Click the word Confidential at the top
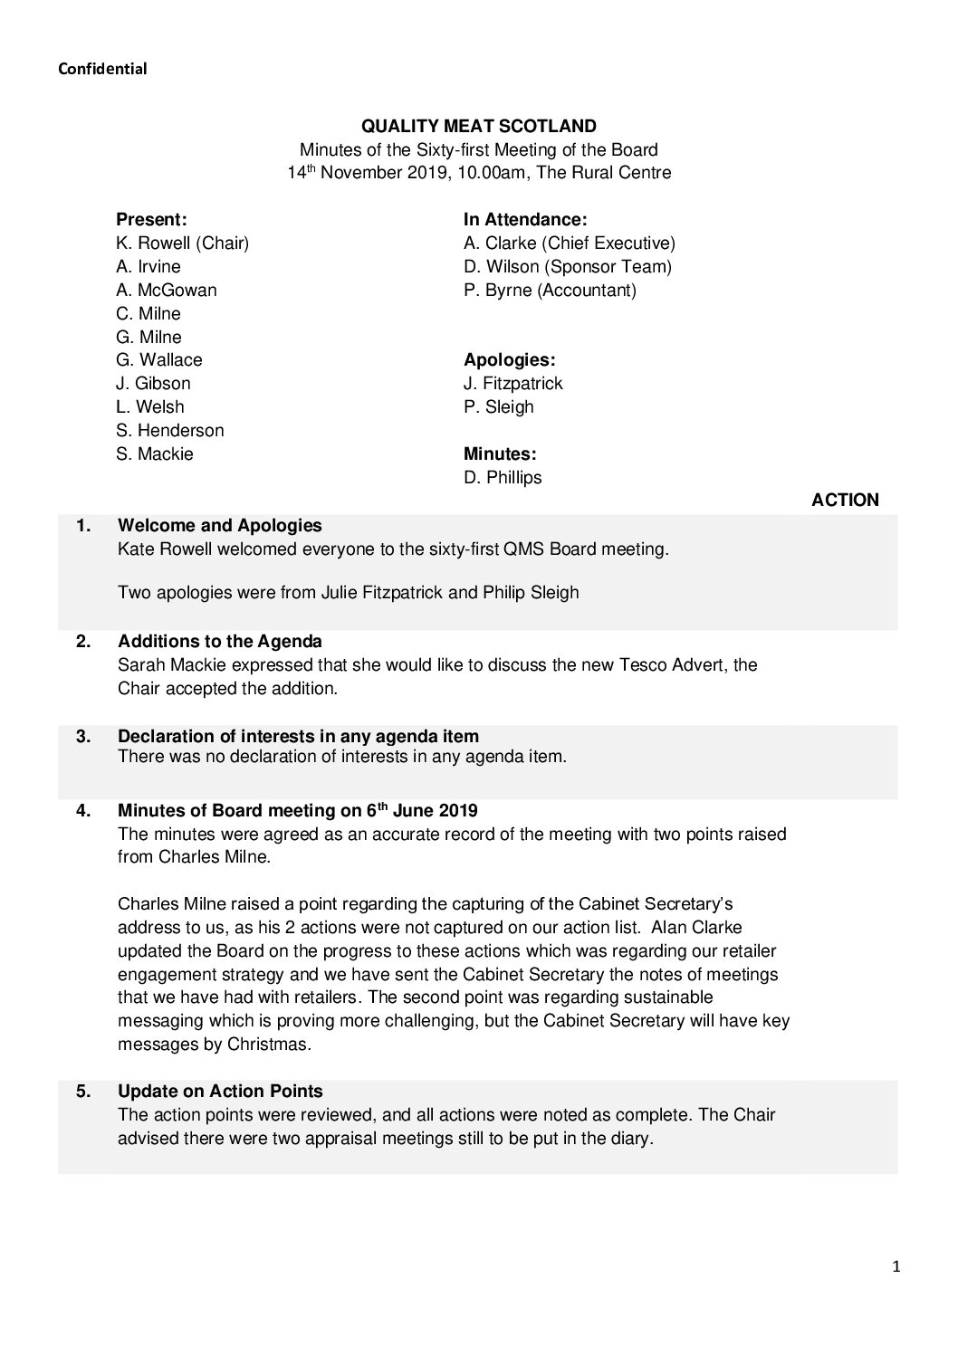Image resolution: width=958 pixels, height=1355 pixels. click(102, 69)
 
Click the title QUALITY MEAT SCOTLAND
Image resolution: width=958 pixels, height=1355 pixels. click(479, 127)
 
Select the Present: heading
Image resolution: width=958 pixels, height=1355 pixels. click(151, 219)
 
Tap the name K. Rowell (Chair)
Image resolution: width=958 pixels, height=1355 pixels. click(182, 243)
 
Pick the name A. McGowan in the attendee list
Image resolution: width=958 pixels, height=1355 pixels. click(167, 290)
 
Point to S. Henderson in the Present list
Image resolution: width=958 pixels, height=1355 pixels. click(170, 430)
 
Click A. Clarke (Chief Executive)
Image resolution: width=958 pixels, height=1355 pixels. click(569, 243)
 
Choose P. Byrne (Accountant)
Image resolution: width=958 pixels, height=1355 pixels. click(550, 290)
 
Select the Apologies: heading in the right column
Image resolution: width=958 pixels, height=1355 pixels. click(509, 359)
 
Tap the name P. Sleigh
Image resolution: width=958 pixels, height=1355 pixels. click(498, 406)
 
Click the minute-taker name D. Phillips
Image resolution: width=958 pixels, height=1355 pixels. click(503, 477)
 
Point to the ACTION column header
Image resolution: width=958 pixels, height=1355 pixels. click(845, 501)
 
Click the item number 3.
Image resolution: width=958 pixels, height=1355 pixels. click(83, 736)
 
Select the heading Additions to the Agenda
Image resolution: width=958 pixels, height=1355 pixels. click(220, 642)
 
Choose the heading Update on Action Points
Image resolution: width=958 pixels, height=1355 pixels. click(220, 1091)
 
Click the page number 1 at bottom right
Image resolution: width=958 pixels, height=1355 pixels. click(896, 1267)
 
